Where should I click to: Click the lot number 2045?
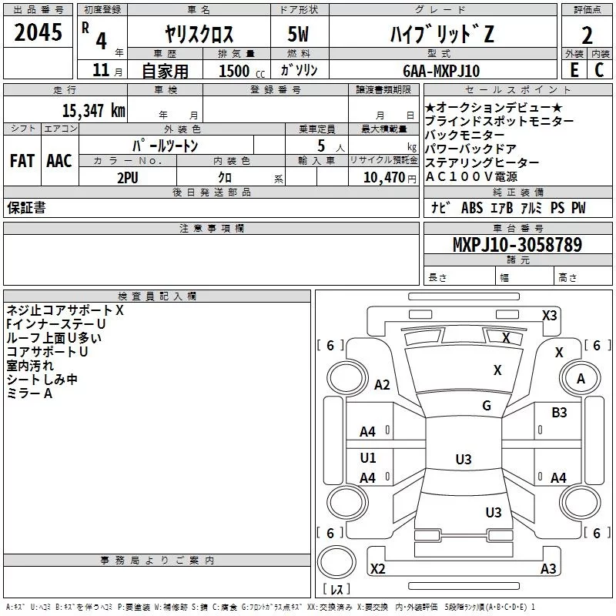click(x=38, y=34)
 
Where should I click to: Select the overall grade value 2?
click(x=588, y=35)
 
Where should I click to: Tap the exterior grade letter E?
click(x=574, y=69)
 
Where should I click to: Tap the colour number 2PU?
click(x=128, y=177)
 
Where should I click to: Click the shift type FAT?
click(x=22, y=161)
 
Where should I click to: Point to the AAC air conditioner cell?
click(x=59, y=161)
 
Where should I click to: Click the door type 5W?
click(x=300, y=35)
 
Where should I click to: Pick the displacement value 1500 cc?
click(x=240, y=71)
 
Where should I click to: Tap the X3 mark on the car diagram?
click(x=549, y=315)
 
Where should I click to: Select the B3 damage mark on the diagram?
click(x=559, y=413)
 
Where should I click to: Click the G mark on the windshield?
click(x=487, y=406)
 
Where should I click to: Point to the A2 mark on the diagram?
click(x=382, y=385)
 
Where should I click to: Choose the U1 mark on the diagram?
click(x=368, y=458)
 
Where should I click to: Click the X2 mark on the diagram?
click(x=377, y=568)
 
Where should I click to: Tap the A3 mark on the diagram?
click(x=548, y=568)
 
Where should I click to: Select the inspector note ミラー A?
click(x=29, y=393)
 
